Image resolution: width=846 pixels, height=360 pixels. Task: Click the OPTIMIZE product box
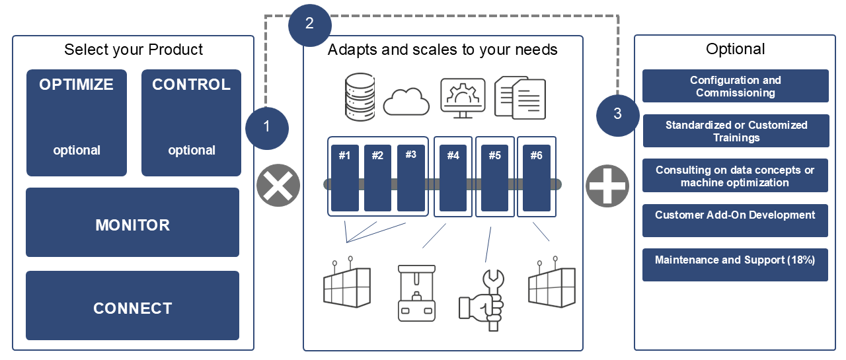[77, 123]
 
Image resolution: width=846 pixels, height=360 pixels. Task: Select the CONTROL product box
[192, 123]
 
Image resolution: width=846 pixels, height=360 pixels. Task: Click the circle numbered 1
[267, 127]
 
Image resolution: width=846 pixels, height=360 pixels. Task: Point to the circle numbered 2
[310, 24]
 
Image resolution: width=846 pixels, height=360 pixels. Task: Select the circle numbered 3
[618, 114]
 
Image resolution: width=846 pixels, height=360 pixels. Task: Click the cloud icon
[406, 101]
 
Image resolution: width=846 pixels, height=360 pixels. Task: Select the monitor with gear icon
[463, 98]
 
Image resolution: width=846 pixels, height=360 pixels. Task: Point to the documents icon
[520, 97]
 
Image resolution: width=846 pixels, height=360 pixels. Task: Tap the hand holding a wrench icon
[482, 301]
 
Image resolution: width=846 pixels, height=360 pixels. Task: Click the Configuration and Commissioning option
[735, 87]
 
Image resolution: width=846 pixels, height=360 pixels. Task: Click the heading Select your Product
[134, 50]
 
